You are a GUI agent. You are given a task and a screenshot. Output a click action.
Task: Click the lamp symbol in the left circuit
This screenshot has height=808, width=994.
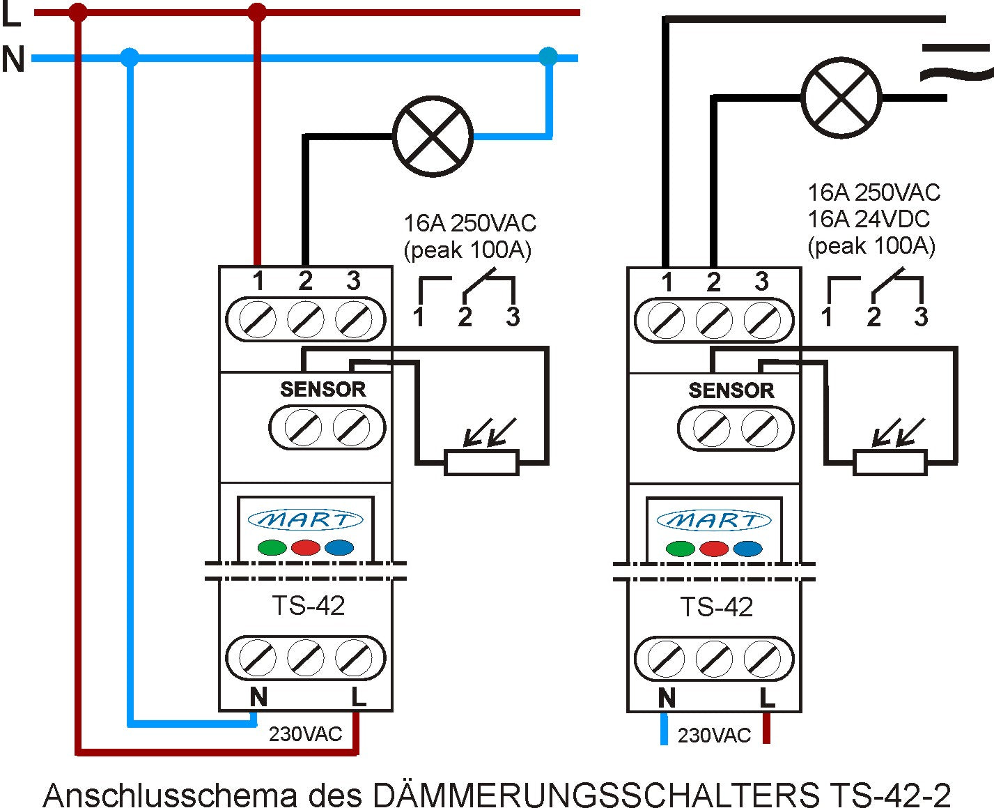[433, 136]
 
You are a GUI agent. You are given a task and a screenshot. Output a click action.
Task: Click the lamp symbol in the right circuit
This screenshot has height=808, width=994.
[841, 97]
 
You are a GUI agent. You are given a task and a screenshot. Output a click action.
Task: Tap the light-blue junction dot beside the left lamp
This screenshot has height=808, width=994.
[548, 56]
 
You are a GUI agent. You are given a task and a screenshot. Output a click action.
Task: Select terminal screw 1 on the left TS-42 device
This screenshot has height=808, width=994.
[257, 320]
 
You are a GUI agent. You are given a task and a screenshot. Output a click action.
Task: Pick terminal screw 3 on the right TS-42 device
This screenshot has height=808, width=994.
[761, 321]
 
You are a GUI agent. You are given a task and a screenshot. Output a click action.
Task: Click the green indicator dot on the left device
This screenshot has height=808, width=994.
[272, 547]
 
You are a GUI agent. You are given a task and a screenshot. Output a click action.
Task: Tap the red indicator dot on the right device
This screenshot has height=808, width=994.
[713, 549]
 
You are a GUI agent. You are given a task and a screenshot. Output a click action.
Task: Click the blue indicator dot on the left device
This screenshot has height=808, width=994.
[339, 547]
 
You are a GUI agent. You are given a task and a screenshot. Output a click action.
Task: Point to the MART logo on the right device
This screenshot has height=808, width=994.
[714, 521]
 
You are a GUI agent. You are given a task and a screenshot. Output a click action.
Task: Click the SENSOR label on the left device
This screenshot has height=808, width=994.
[323, 390]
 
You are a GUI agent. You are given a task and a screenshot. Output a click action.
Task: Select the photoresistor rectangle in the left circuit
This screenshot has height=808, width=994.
[481, 463]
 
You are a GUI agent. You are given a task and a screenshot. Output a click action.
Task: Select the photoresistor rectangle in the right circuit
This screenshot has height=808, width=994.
[890, 463]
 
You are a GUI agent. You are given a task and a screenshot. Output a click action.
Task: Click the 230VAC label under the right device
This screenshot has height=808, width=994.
[714, 735]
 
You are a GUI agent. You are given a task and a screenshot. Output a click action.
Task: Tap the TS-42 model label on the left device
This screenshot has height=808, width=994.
[308, 606]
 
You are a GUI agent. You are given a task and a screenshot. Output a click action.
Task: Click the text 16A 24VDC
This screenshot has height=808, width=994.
[868, 219]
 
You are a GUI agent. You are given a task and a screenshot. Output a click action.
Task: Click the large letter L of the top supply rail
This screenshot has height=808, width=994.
[11, 15]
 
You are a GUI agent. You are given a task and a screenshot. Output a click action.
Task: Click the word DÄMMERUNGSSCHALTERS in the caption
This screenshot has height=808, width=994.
[596, 795]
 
